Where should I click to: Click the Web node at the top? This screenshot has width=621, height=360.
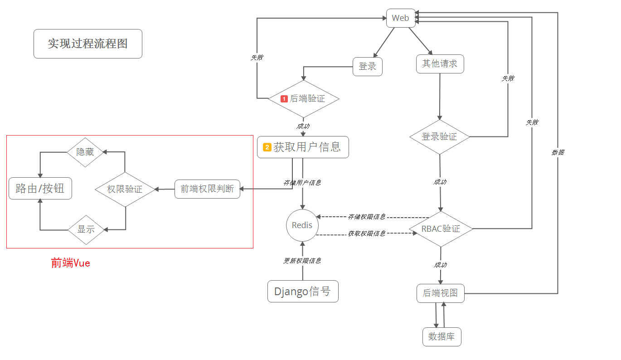click(401, 18)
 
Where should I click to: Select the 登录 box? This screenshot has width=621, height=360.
click(368, 67)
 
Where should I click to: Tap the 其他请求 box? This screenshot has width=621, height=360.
click(440, 64)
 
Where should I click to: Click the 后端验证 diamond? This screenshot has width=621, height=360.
click(303, 98)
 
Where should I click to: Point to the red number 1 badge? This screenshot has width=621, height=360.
click(284, 98)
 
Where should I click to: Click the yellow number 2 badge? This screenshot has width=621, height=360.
click(267, 147)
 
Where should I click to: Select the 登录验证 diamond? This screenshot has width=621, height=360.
click(439, 136)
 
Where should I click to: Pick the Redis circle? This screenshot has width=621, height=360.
click(302, 225)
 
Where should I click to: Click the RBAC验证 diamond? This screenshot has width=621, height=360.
click(441, 229)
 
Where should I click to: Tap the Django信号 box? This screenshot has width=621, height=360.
click(303, 292)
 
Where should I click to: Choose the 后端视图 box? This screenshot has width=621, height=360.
click(440, 293)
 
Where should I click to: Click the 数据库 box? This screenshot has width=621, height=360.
click(441, 337)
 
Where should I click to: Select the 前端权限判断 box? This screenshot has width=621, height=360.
click(207, 189)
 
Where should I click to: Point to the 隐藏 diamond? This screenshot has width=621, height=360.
click(85, 152)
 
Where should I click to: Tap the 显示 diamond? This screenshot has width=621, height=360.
click(86, 229)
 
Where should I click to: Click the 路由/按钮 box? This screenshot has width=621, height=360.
click(40, 189)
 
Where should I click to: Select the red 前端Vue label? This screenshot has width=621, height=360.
click(71, 263)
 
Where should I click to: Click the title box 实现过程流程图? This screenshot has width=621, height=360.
click(88, 44)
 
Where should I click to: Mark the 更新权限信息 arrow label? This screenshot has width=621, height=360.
click(302, 261)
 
